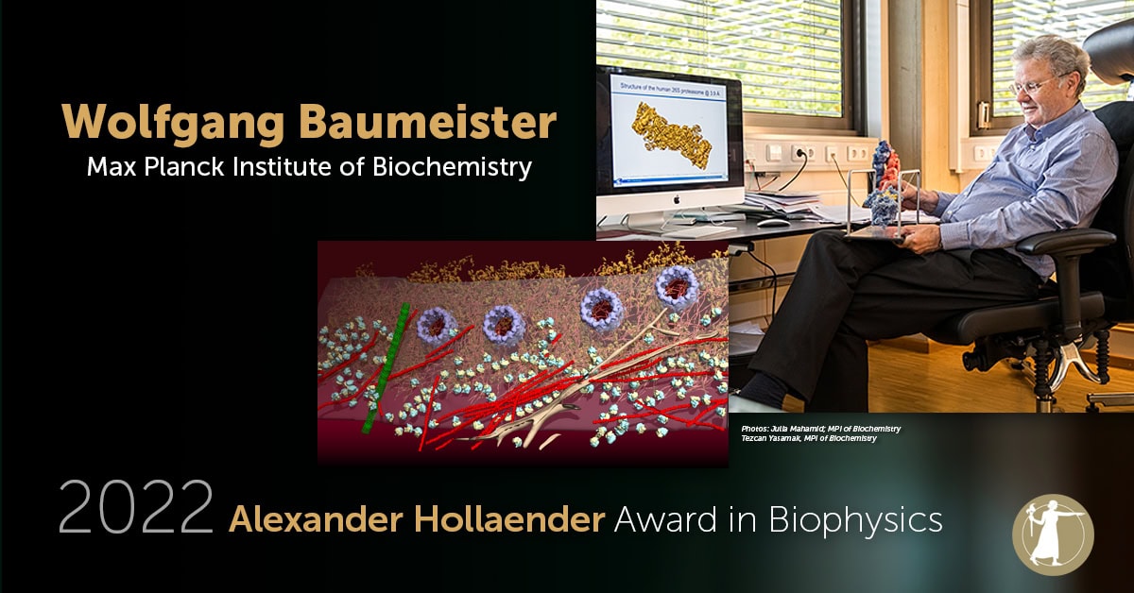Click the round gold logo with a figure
(x=1052, y=534)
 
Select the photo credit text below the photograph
(x=821, y=433)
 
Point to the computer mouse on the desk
(x=772, y=223)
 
